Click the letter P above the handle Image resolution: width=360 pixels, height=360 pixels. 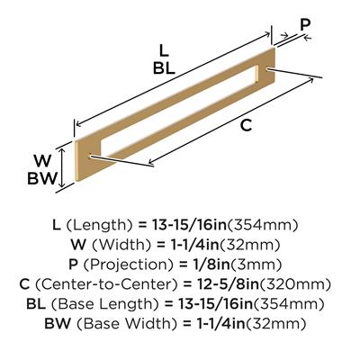pos(305,25)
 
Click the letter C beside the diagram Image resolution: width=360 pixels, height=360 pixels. pos(246,125)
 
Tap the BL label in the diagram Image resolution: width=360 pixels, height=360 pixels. pos(164,68)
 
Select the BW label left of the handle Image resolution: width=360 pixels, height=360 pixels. pos(42,179)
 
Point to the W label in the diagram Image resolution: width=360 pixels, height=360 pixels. pos(42,161)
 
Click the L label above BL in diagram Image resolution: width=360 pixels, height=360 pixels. pos(164,50)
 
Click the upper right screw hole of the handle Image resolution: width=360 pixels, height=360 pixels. pos(268,69)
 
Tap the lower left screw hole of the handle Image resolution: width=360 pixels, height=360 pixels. pos(90,157)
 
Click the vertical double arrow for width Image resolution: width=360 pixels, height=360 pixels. pos(62,167)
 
